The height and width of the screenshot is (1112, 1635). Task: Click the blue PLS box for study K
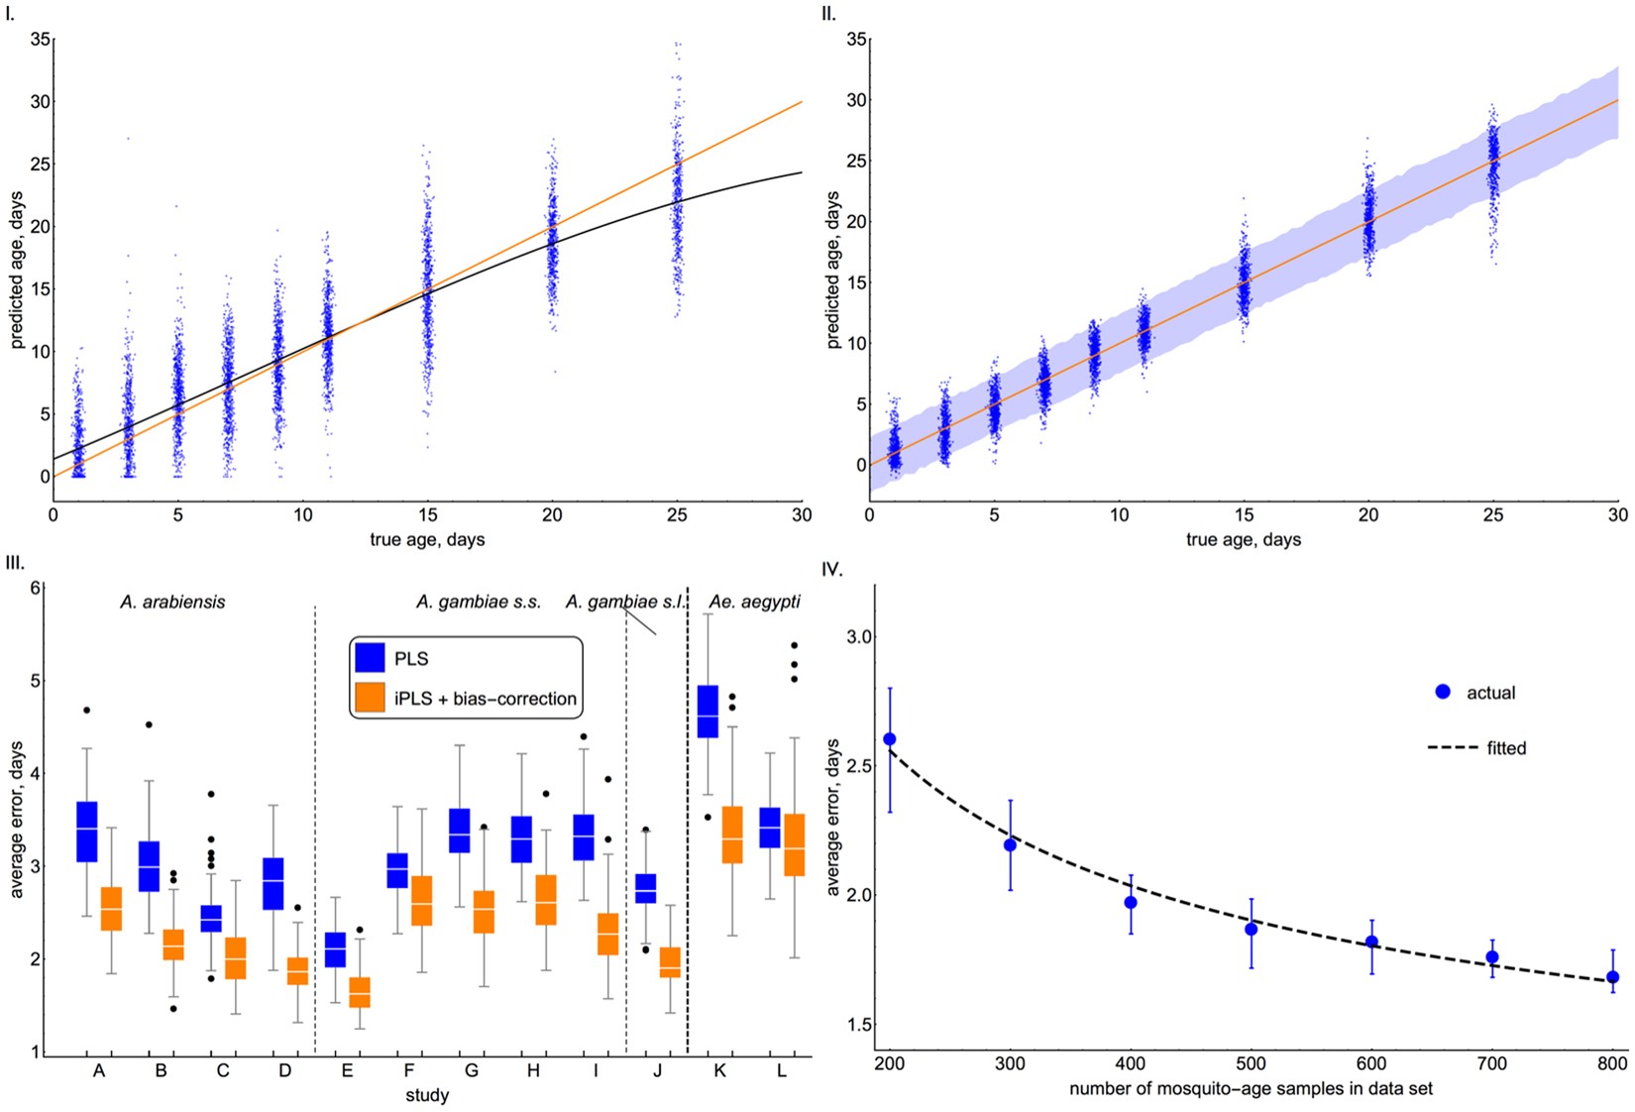click(x=708, y=711)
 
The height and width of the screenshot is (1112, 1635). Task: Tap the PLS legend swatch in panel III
click(x=370, y=658)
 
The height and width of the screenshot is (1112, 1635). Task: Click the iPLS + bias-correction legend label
click(x=485, y=699)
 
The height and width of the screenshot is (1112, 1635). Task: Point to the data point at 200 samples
click(x=889, y=739)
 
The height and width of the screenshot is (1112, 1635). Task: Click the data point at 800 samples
click(x=1613, y=977)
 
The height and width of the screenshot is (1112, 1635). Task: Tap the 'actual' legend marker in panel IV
click(x=1443, y=692)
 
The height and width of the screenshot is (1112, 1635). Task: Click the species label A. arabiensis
click(x=172, y=602)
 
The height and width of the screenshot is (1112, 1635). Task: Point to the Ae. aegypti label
click(x=754, y=602)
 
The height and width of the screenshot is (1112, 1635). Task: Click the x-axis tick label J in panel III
click(x=657, y=1071)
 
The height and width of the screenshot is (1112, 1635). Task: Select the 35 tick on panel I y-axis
click(x=40, y=40)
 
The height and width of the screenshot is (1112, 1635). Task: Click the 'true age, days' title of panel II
click(x=1243, y=539)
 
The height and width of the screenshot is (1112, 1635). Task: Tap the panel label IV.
click(x=832, y=569)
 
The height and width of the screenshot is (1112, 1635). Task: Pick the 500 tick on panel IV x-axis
click(x=1251, y=1063)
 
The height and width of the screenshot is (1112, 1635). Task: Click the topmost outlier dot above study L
click(x=794, y=645)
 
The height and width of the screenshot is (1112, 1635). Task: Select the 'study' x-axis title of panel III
click(x=427, y=1095)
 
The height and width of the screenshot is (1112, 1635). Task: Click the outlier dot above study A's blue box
click(x=87, y=710)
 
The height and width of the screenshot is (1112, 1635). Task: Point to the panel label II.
click(x=828, y=14)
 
